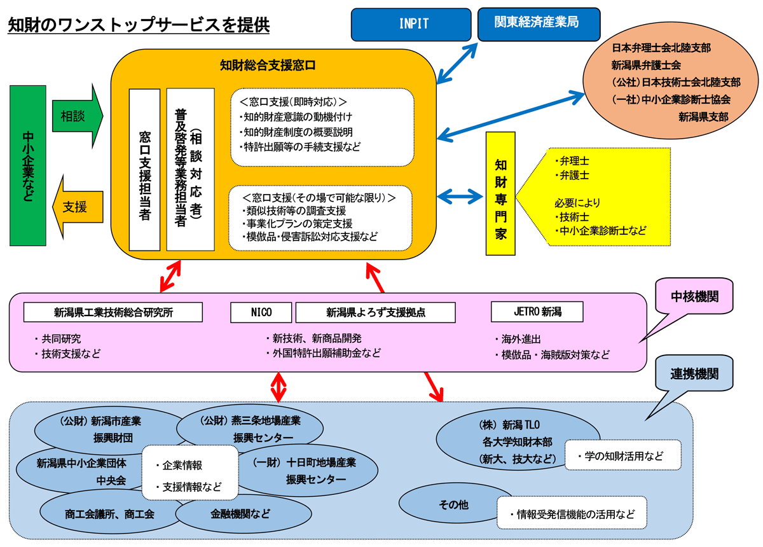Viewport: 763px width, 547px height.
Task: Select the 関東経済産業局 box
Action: coord(538,24)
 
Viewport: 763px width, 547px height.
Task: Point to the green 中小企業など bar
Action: coord(29,165)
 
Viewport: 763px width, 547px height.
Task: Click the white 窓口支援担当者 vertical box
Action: coord(144,170)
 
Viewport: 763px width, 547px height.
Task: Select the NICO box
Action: coord(261,312)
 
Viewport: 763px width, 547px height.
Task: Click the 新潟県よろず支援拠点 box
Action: coord(375,312)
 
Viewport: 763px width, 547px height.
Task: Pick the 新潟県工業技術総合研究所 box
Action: coord(113,312)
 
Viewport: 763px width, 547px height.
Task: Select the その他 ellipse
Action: coord(453,505)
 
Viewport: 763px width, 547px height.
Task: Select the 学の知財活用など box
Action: coord(622,455)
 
